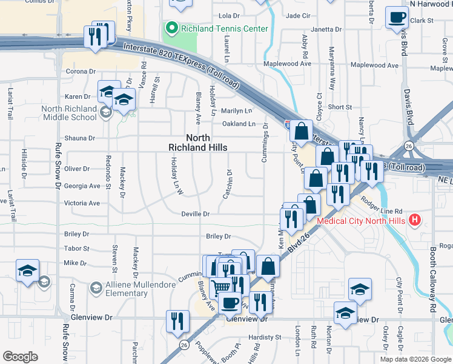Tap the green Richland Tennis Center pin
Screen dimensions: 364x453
(x=172, y=28)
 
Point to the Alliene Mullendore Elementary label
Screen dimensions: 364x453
(x=127, y=289)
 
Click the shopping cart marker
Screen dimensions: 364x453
(x=222, y=286)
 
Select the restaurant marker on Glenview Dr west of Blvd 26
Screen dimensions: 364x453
(x=176, y=319)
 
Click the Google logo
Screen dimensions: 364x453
(x=19, y=357)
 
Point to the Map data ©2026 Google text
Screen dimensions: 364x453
(x=415, y=359)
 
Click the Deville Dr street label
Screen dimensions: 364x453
(x=196, y=214)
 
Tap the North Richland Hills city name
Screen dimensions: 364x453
(x=198, y=143)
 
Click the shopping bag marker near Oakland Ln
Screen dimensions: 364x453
(x=300, y=130)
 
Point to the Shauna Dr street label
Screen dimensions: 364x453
(x=76, y=138)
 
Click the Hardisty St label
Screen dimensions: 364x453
(x=265, y=337)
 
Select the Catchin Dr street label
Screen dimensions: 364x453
(x=228, y=184)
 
